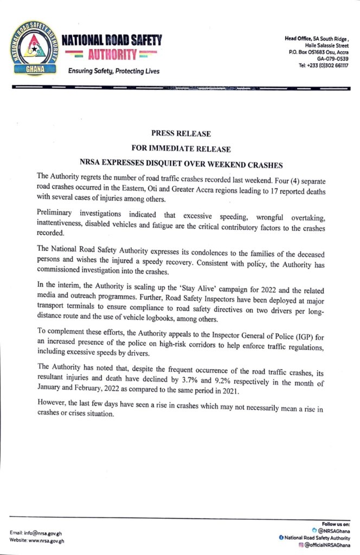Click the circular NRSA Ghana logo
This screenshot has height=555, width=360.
pos(35,49)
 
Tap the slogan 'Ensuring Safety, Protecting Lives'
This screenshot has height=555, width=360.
pos(113,71)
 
